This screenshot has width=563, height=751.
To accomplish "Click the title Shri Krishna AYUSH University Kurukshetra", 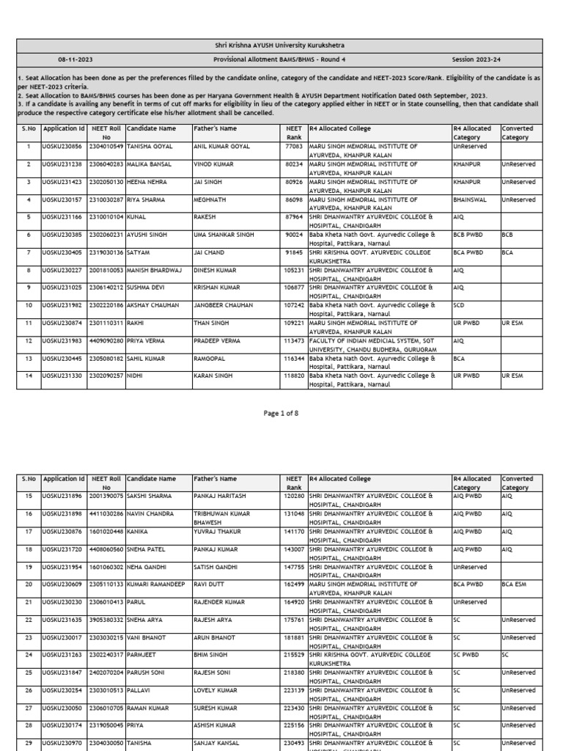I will (281, 45).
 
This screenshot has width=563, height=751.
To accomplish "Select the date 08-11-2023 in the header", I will (76, 59).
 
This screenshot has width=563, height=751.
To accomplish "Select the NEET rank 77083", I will (293, 146).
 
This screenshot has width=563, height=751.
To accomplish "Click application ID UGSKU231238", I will (64, 164).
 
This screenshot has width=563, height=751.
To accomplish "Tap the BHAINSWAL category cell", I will (471, 199).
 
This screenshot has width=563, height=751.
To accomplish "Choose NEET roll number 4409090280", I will (106, 340).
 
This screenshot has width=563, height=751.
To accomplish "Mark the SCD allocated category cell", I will (460, 304).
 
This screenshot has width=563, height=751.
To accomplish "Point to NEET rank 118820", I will (293, 375).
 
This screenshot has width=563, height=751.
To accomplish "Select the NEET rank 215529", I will (293, 654).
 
